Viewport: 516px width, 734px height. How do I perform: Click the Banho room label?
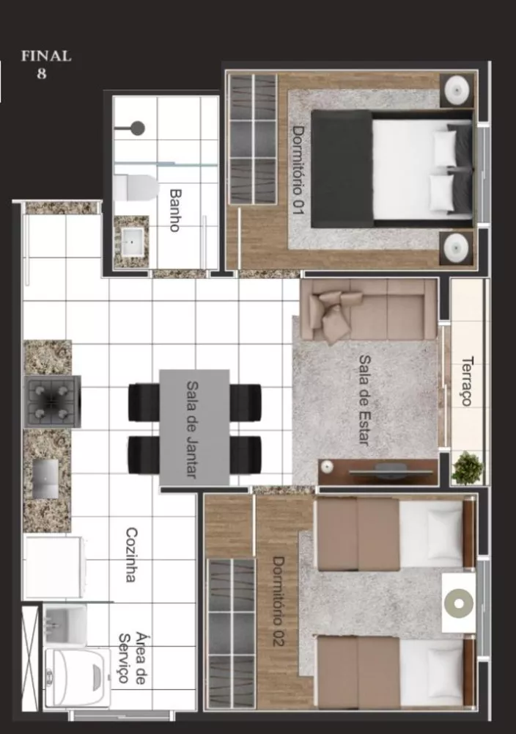click(174, 210)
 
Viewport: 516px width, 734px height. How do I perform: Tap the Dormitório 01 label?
click(298, 170)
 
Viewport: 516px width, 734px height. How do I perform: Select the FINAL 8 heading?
click(45, 64)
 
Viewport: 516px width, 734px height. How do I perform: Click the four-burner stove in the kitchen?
click(52, 400)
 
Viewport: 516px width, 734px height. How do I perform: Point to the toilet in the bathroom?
click(136, 188)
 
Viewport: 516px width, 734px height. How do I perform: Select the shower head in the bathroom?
click(136, 128)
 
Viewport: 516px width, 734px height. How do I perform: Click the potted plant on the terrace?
click(467, 468)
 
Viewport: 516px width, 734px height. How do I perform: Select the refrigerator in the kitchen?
click(53, 567)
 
